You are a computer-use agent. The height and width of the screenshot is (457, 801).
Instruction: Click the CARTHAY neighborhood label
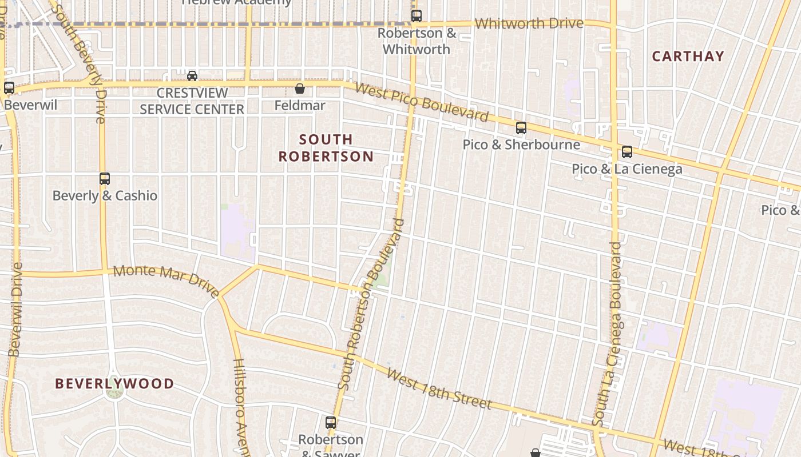coord(688,56)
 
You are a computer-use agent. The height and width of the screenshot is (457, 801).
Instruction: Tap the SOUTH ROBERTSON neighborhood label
coord(326,147)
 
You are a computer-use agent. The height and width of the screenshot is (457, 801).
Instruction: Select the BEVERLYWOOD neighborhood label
coord(114,383)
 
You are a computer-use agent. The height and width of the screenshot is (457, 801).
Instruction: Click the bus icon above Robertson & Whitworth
coord(417,16)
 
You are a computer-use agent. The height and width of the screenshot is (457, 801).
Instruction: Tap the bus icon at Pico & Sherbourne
coord(521,128)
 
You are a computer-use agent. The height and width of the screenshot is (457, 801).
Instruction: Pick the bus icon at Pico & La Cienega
coord(627,152)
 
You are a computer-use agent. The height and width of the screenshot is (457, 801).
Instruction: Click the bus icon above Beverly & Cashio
coord(104,179)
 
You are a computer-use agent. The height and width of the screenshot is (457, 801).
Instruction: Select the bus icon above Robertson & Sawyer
coord(331,423)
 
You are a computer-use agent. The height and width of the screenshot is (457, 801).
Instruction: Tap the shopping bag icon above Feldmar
coord(299,89)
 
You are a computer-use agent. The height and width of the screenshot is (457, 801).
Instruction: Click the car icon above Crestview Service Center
coord(192,75)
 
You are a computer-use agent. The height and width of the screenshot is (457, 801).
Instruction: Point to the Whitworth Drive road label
coord(529,23)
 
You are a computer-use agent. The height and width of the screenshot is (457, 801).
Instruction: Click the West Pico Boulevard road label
coord(422,102)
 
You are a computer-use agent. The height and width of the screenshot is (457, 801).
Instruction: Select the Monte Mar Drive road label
coord(166,280)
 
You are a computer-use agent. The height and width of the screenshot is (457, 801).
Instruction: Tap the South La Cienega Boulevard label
coord(608,334)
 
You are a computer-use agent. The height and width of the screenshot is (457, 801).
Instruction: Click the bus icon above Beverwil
coord(9,88)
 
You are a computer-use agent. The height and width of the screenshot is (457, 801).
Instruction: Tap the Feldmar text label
coord(299,106)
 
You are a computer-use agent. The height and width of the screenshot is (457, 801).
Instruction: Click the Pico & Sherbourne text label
coord(521,145)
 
